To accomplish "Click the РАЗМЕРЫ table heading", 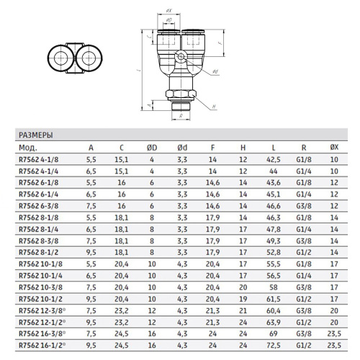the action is pyautogui.click(x=36, y=135).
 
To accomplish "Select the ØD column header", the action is pyautogui.click(x=152, y=148).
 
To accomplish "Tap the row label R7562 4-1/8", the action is pyautogui.click(x=39, y=160).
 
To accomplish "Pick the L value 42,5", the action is pyautogui.click(x=274, y=160).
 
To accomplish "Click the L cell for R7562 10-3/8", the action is pyautogui.click(x=274, y=287).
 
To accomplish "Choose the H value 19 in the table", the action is pyautogui.click(x=243, y=299).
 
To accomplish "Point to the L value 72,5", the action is pyautogui.click(x=274, y=346).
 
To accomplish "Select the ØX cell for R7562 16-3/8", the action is pyautogui.click(x=334, y=334).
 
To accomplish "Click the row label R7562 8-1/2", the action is pyautogui.click(x=39, y=253).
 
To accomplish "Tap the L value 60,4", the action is pyautogui.click(x=274, y=310).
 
